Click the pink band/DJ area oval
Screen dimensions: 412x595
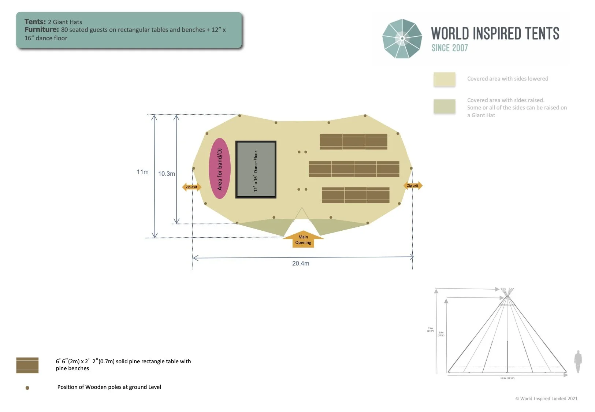coord(220,168)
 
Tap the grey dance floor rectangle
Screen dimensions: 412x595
coord(256,170)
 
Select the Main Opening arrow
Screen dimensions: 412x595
coord(303,240)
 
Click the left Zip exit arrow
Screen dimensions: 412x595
coord(191,187)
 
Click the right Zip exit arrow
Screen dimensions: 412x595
coord(413,186)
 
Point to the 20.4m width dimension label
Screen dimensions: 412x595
coord(301,263)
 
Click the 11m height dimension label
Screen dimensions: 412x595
coord(143,172)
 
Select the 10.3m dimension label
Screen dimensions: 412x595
coord(166,174)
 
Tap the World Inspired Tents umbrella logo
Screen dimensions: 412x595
coord(402,38)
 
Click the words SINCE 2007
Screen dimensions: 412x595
coord(450,48)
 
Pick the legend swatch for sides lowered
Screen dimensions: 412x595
coord(445,79)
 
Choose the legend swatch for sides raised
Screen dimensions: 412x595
coord(445,106)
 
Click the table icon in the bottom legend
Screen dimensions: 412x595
coord(27,365)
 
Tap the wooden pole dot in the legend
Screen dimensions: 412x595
coord(27,388)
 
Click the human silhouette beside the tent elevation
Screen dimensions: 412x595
coord(578,361)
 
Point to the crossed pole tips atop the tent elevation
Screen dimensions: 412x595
coord(507,292)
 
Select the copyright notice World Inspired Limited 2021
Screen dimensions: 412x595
coord(546,398)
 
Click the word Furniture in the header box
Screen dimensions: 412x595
coord(41,30)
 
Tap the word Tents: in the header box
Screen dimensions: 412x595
coord(35,22)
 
